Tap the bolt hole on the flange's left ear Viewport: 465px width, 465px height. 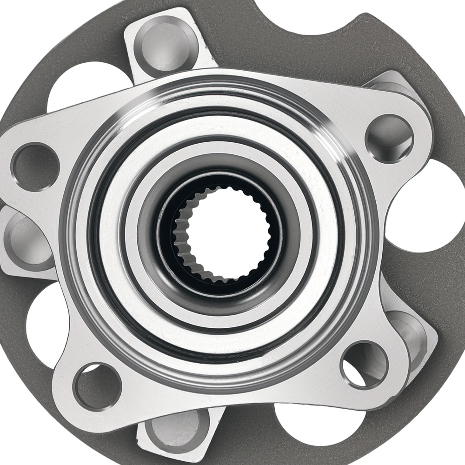(35, 165)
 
